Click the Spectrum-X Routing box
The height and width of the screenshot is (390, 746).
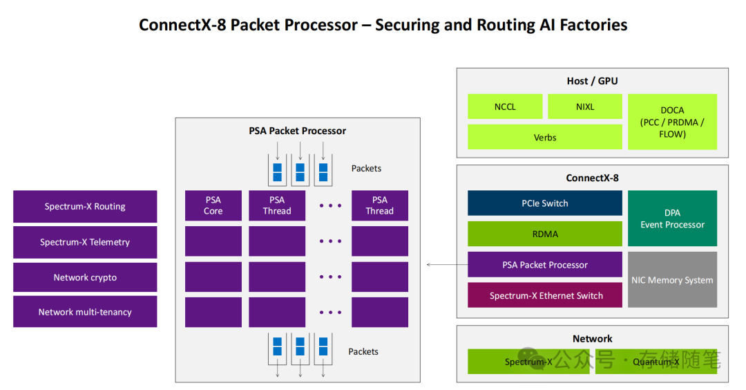(x=85, y=206)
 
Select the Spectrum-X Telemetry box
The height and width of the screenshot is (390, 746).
(x=85, y=242)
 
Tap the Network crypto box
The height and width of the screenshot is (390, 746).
(x=85, y=277)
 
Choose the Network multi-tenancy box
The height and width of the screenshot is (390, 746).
(x=85, y=312)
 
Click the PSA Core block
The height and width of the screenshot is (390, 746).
(x=213, y=205)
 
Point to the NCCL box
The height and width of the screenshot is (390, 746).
(x=505, y=106)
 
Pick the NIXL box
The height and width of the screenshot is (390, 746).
(x=584, y=106)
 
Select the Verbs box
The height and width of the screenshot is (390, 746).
(x=544, y=137)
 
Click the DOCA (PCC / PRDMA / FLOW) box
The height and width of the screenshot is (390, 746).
(x=672, y=122)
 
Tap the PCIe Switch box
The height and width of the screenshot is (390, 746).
(x=544, y=203)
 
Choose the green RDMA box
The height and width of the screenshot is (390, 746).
(x=544, y=234)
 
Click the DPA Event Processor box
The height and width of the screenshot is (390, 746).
(x=672, y=219)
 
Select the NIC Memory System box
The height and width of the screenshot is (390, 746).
(x=672, y=280)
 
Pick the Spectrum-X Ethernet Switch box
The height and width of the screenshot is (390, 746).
(x=544, y=295)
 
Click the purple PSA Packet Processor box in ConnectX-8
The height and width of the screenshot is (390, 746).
(x=544, y=265)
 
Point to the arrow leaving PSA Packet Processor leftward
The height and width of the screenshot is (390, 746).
(x=446, y=265)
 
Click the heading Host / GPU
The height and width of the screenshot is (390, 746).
(x=592, y=81)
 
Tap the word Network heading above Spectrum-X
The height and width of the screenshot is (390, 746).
(x=592, y=339)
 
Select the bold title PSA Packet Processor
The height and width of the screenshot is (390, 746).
(x=297, y=131)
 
